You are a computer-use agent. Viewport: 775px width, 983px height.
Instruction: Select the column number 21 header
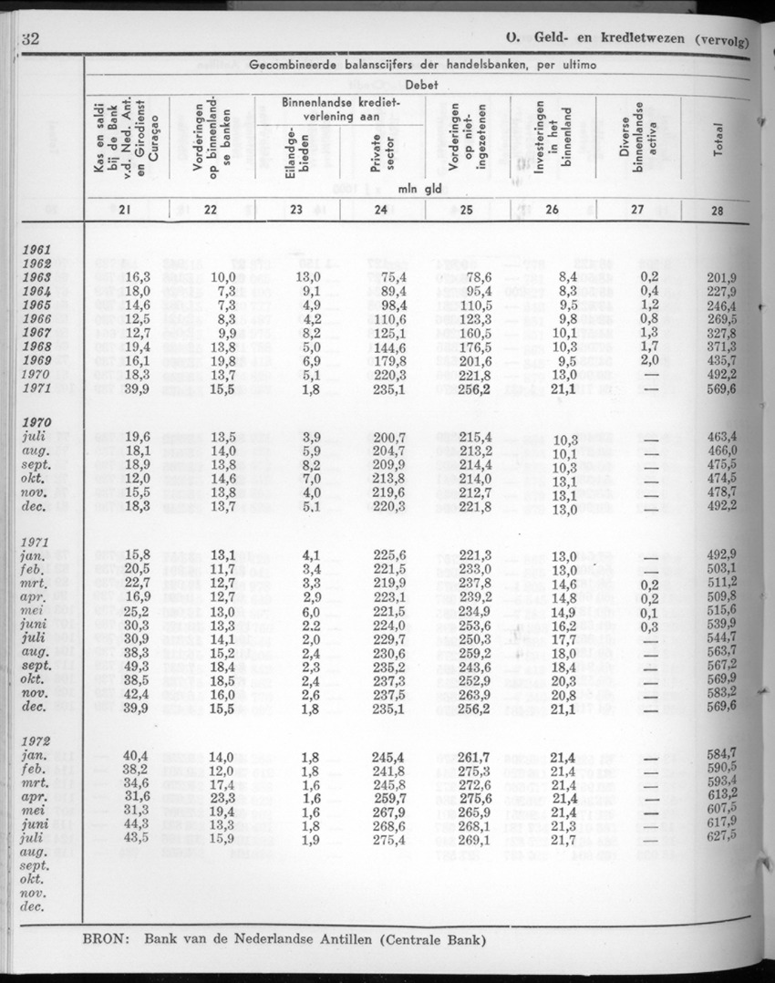pyautogui.click(x=125, y=211)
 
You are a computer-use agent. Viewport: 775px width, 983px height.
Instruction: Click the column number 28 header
pyautogui.click(x=718, y=211)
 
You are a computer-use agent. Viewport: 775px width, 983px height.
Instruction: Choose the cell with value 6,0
pyautogui.click(x=311, y=610)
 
